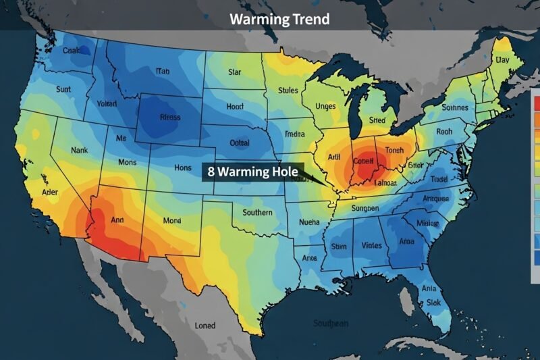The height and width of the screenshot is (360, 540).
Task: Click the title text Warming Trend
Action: coord(279,19)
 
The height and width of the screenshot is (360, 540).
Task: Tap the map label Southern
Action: coord(257,213)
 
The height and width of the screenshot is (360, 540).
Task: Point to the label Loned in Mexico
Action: coord(205,325)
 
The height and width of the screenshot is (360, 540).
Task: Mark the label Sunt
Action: coord(63,88)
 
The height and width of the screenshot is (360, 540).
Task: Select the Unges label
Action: coord(326,107)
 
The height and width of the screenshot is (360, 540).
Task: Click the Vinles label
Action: coord(371,246)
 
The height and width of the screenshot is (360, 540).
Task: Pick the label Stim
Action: coord(338,247)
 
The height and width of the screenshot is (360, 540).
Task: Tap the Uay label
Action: coord(502,60)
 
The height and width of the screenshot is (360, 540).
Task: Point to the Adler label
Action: coord(32,191)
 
